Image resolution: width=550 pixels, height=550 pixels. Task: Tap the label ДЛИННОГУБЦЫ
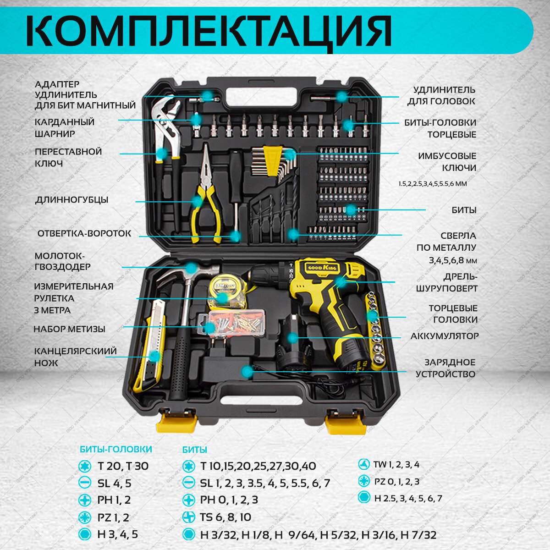(72, 200)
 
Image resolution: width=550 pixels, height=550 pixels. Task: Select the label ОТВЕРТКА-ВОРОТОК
(84, 233)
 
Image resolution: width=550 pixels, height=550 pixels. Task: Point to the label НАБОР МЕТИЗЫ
(69, 329)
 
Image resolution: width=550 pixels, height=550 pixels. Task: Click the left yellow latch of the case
(177, 421)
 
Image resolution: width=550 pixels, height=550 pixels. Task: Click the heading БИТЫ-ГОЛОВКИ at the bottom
(115, 450)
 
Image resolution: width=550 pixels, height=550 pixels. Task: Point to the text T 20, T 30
(123, 466)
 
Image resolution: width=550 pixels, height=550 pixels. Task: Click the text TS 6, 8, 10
(225, 517)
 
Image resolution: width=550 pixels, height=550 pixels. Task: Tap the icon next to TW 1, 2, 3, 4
(364, 464)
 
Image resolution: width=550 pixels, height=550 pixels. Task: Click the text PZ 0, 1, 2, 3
(396, 481)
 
